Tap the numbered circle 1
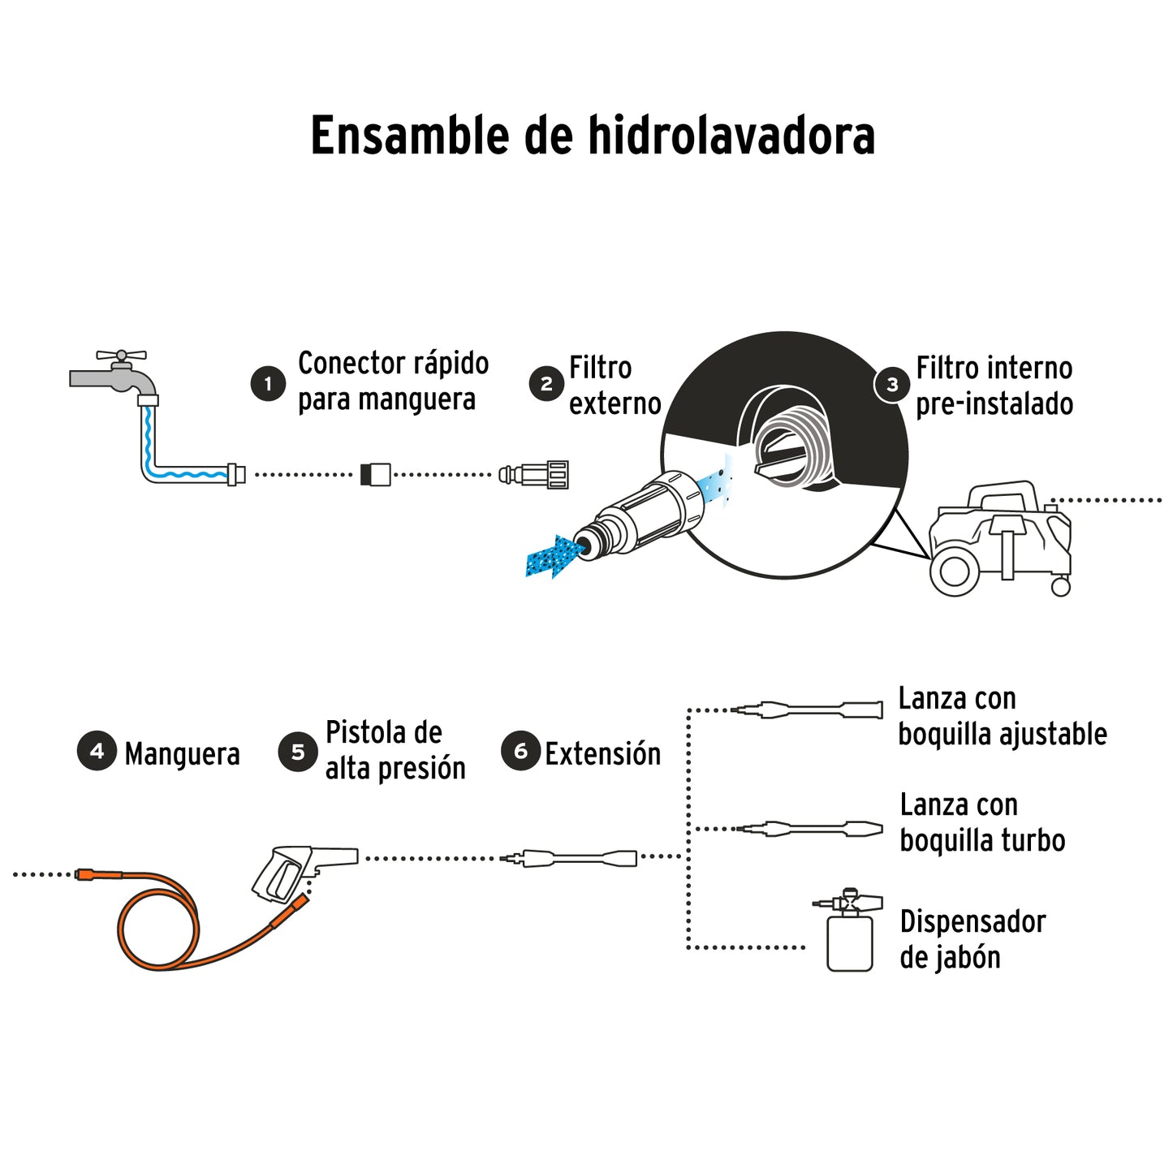(x=268, y=383)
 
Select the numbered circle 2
(x=546, y=384)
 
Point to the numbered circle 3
(x=892, y=385)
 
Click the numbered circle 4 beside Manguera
(x=97, y=751)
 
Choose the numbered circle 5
(x=297, y=753)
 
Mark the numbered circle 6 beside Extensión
(x=520, y=751)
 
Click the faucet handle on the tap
(x=121, y=356)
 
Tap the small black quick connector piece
(x=375, y=475)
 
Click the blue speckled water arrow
(x=554, y=556)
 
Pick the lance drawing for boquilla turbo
(x=812, y=829)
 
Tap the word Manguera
(x=182, y=754)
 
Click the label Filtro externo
(x=615, y=386)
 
